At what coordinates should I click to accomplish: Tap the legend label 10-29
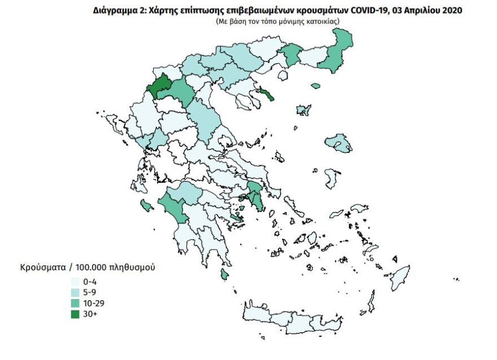[x=94, y=303]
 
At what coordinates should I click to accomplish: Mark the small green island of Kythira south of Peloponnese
[x=224, y=275]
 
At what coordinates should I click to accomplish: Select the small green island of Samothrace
[x=315, y=86]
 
